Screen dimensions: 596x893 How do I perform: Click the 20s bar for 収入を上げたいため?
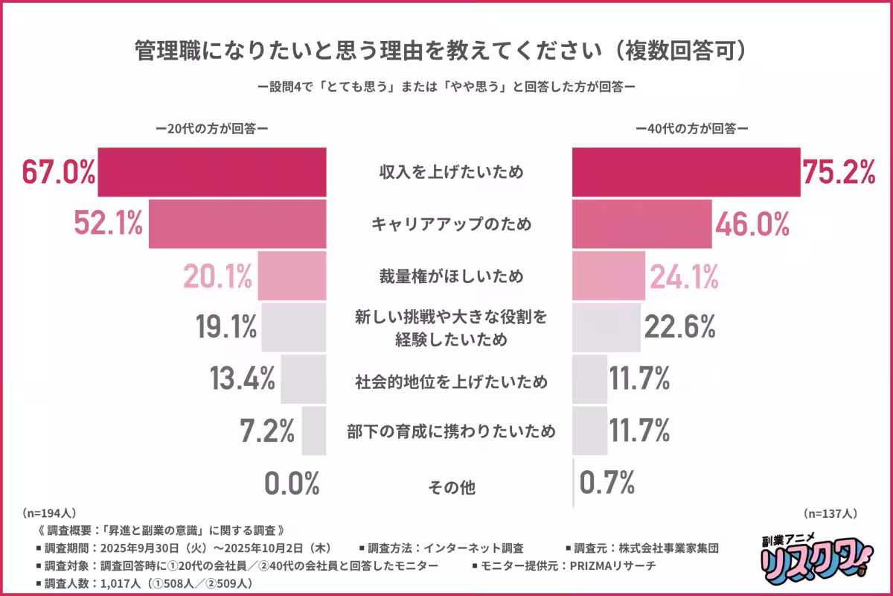(x=212, y=172)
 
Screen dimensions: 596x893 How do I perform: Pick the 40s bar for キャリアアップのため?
(x=641, y=223)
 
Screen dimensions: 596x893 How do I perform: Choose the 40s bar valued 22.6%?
(x=606, y=327)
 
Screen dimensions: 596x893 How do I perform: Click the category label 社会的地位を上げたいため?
(x=450, y=382)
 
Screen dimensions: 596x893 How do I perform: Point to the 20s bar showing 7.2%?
(x=313, y=431)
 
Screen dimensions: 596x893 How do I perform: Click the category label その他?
(x=450, y=488)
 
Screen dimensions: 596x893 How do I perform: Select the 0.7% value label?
(x=606, y=483)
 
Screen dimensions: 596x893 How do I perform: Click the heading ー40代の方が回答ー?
(x=691, y=127)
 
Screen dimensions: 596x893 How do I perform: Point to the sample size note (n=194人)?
(x=48, y=513)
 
